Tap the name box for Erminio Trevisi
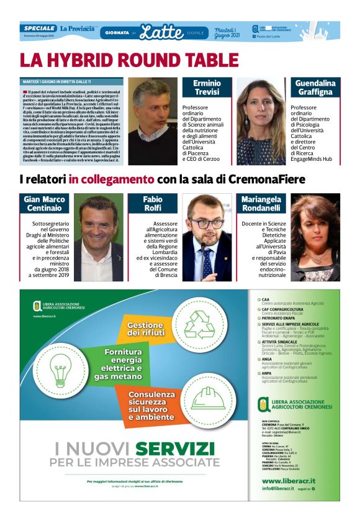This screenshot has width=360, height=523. pyautogui.click(x=207, y=88)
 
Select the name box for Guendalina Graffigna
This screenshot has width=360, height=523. pyautogui.click(x=315, y=88)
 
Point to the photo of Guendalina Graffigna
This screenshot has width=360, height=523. pyautogui.click(x=261, y=121)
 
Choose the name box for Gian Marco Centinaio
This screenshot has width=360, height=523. pyautogui.click(x=45, y=204)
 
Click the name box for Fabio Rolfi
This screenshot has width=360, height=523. pyautogui.click(x=153, y=204)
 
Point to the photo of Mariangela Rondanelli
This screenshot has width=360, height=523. pyautogui.click(x=315, y=237)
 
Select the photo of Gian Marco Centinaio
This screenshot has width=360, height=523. pyautogui.click(x=99, y=237)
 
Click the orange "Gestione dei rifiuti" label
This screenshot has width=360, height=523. pyautogui.click(x=145, y=330)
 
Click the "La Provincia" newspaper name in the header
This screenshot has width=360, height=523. pyautogui.click(x=78, y=29)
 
